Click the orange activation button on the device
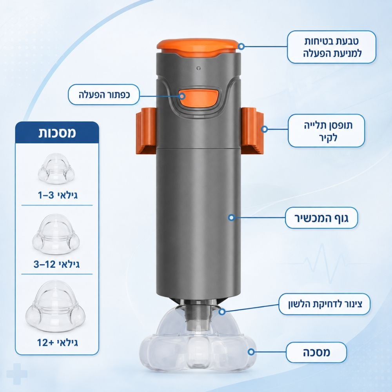click(x=199, y=98)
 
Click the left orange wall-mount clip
click(x=146, y=130)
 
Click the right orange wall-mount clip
click(x=252, y=130)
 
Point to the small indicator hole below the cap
click(x=199, y=68)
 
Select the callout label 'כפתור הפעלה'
click(x=104, y=94)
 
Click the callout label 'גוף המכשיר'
click(x=321, y=218)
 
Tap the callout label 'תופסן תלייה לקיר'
click(x=327, y=131)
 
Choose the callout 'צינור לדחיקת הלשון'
click(x=324, y=304)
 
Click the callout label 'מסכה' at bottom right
click(x=316, y=352)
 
